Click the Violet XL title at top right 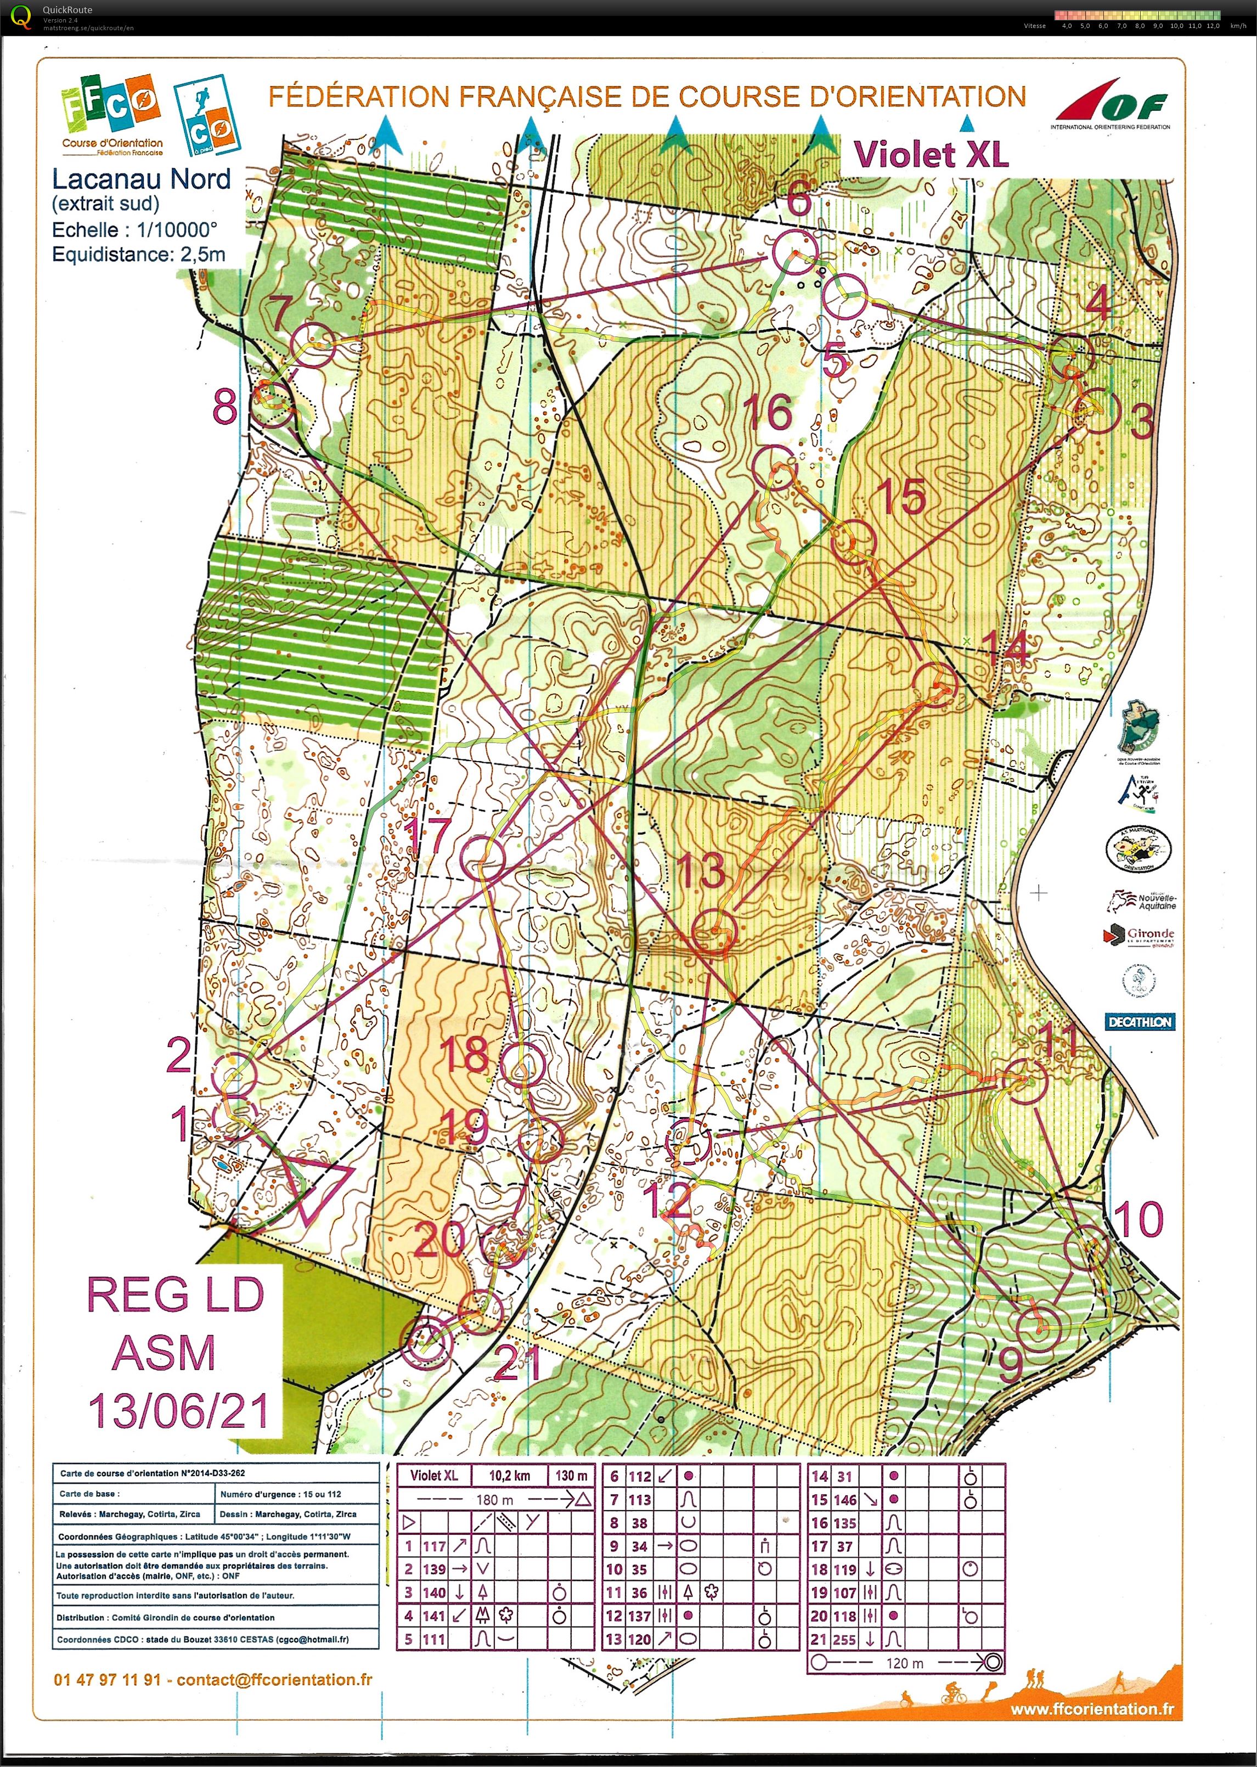pyautogui.click(x=931, y=155)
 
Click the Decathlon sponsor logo pyautogui.click(x=1138, y=1022)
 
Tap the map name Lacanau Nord pyautogui.click(x=141, y=179)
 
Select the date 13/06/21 pyautogui.click(x=178, y=1410)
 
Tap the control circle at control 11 pyautogui.click(x=1025, y=1081)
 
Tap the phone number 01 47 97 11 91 pyautogui.click(x=108, y=1680)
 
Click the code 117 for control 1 pyautogui.click(x=434, y=1546)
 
